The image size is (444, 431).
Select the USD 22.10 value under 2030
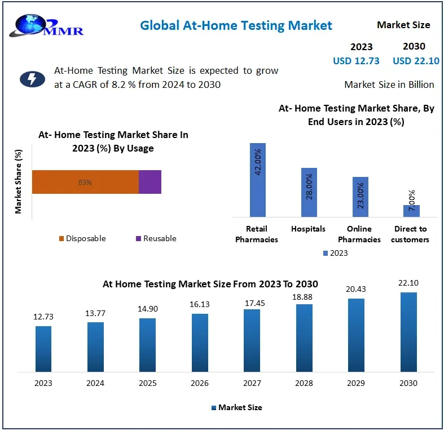click(416, 61)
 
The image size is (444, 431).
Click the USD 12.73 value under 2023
click(356, 61)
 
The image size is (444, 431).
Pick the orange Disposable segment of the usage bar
click(85, 182)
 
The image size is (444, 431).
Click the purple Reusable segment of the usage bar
click(150, 182)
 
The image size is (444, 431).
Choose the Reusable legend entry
click(156, 238)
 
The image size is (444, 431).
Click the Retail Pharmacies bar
click(257, 180)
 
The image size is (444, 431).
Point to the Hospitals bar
click(309, 192)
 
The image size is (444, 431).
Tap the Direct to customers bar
click(411, 211)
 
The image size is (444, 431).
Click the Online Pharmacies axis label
click(359, 234)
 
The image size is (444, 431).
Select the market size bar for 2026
click(200, 343)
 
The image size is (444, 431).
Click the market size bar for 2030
click(408, 332)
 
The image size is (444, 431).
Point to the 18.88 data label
click(304, 297)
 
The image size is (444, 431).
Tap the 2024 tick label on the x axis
click(95, 383)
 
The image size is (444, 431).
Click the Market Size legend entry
click(236, 407)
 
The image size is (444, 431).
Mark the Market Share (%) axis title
click(19, 181)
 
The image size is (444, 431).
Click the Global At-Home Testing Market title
click(236, 25)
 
